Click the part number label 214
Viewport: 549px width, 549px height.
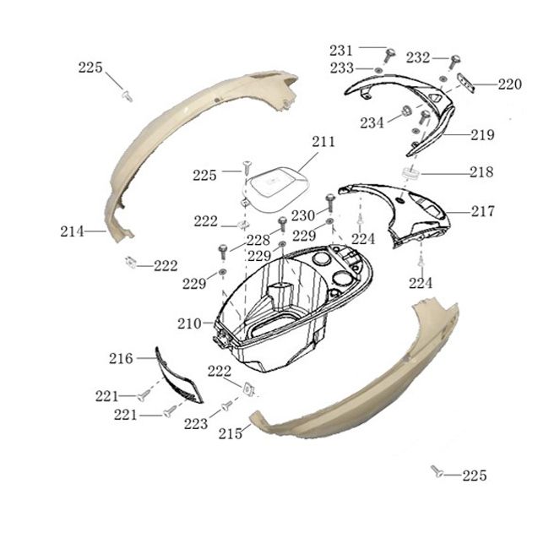72,231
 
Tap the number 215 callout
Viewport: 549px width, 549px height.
231,434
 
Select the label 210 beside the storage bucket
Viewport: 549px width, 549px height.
189,323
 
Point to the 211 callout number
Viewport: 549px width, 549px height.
323,142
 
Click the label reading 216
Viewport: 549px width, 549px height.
121,358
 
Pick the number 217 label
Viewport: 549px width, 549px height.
483,211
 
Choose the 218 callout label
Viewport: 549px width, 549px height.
481,172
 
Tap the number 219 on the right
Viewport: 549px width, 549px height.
482,135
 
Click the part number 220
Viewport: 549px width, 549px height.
510,84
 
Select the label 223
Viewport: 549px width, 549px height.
196,424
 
